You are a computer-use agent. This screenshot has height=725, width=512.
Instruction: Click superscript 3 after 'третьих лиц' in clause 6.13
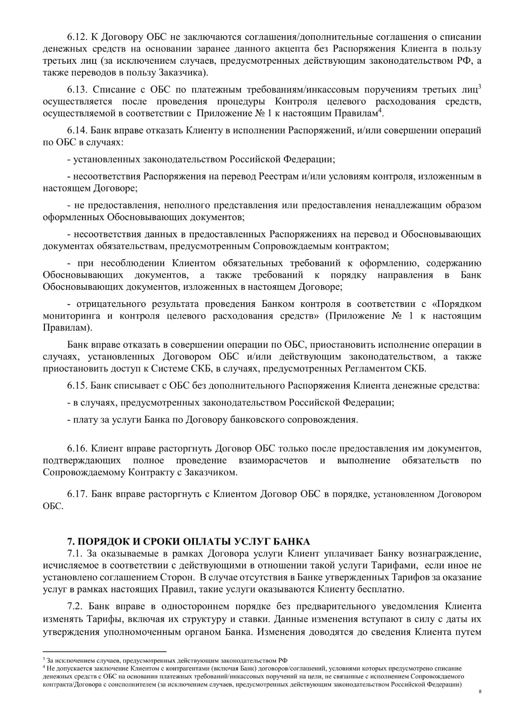click(480, 87)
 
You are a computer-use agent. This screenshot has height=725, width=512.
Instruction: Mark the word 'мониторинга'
click(71, 316)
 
